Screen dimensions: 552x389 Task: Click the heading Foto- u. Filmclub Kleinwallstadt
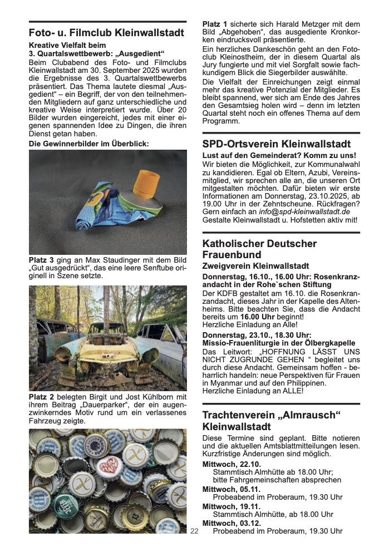click(106, 33)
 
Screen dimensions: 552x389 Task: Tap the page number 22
click(194, 531)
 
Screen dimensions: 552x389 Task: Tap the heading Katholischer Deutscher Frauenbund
click(259, 249)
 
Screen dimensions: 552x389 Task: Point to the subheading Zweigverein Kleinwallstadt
click(255, 267)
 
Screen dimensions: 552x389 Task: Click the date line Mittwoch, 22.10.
click(224, 464)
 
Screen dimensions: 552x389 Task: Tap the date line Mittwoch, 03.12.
click(224, 523)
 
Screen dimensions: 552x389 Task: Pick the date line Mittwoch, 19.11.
click(223, 506)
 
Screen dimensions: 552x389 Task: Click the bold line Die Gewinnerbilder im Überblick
click(89, 144)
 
